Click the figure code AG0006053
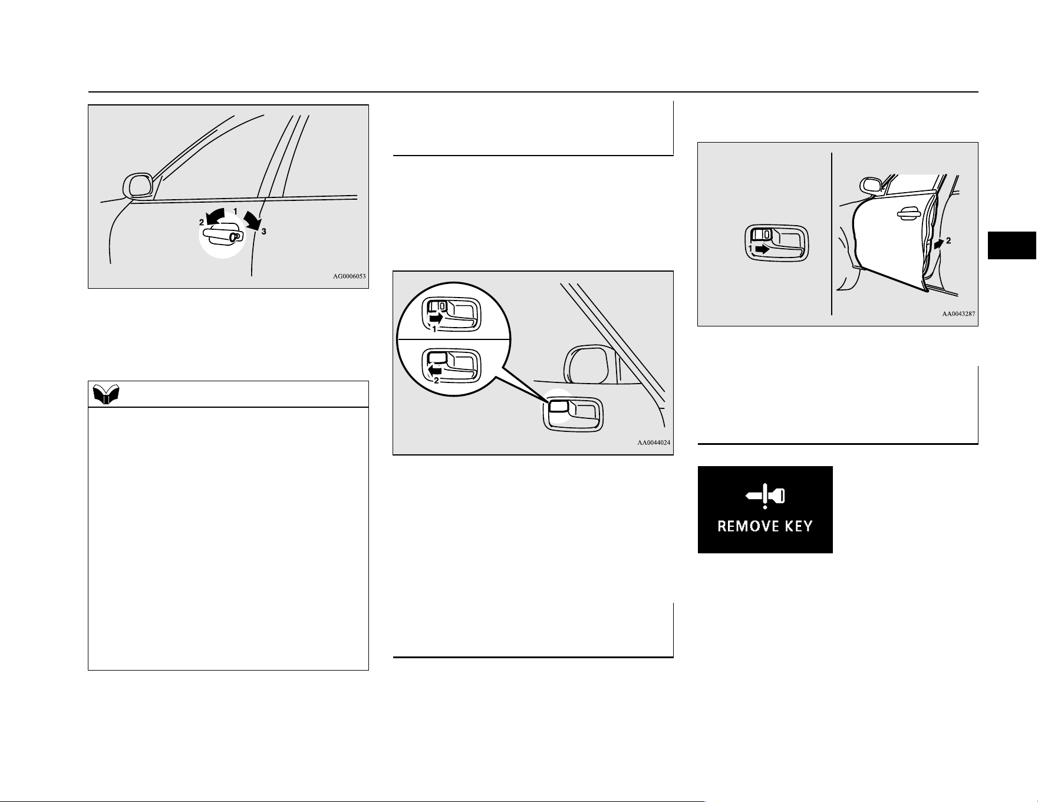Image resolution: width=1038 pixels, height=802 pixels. [x=350, y=276]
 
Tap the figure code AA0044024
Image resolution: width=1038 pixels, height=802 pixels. [x=654, y=443]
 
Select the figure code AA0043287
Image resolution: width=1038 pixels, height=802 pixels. [x=958, y=314]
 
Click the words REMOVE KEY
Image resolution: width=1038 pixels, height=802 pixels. [x=765, y=526]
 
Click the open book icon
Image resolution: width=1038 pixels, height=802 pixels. [x=107, y=395]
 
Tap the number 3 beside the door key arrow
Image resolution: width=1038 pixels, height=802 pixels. [x=264, y=232]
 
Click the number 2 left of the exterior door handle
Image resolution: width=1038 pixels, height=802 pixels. [x=202, y=222]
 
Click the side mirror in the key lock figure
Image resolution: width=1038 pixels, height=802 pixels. [x=138, y=186]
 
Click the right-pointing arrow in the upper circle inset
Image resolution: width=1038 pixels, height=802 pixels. [x=435, y=318]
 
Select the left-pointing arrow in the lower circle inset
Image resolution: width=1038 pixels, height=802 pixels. [x=434, y=370]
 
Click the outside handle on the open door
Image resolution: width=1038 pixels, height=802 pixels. [x=910, y=214]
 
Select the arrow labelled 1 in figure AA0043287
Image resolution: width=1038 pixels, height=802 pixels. [x=762, y=249]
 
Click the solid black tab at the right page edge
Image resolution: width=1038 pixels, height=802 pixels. [x=1013, y=246]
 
